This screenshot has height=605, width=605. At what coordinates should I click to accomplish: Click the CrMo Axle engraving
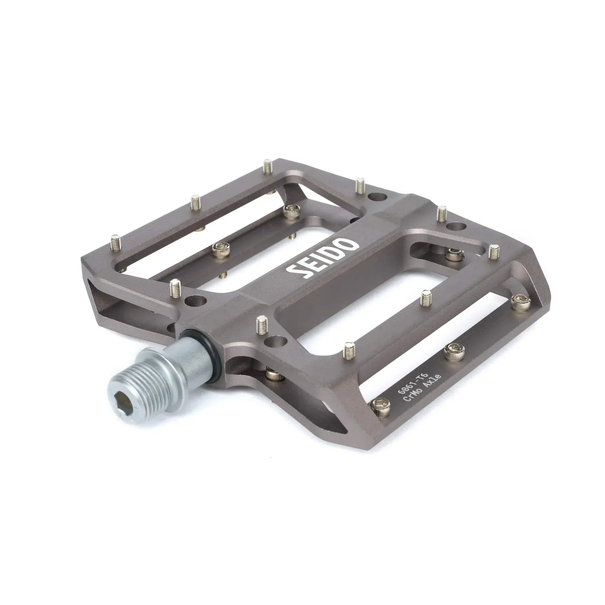pos(423,388)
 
